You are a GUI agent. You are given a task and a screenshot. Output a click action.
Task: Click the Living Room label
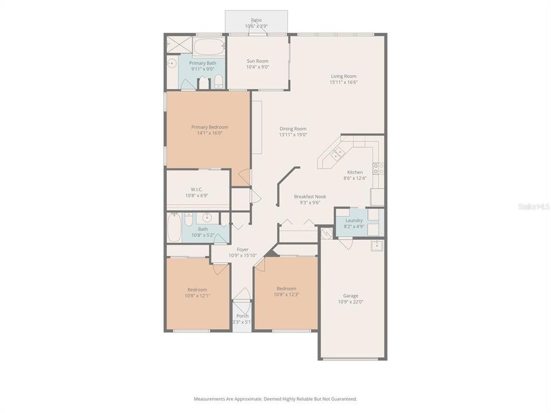tap(343, 76)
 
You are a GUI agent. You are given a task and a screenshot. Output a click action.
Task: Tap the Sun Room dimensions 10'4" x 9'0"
tap(258, 67)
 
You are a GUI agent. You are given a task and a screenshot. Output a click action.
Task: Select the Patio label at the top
tap(256, 20)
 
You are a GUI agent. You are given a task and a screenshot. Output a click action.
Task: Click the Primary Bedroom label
tap(209, 127)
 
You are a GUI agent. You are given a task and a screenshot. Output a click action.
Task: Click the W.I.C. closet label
tap(197, 189)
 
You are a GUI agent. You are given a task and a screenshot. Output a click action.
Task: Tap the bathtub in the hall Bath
tap(174, 228)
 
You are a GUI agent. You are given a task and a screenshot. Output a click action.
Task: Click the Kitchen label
tap(355, 172)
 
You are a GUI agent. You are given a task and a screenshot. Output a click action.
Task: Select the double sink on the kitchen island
tap(337, 153)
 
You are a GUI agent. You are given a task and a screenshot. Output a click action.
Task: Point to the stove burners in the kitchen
tap(378, 168)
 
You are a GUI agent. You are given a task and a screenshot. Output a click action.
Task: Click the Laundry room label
tap(354, 220)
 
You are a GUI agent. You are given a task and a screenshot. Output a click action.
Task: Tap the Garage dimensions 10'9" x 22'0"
tap(351, 302)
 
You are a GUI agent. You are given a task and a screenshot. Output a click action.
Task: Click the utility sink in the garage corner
tap(377, 246)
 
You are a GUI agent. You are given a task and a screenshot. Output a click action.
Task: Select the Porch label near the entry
tap(242, 315)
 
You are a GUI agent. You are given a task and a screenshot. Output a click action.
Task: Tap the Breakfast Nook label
tap(311, 196)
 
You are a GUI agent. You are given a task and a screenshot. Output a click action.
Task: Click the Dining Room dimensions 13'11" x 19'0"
tap(293, 135)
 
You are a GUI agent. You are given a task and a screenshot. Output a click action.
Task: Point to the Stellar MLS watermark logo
tap(534, 206)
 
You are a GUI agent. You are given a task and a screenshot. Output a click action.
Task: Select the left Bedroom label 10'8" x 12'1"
tap(197, 290)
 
